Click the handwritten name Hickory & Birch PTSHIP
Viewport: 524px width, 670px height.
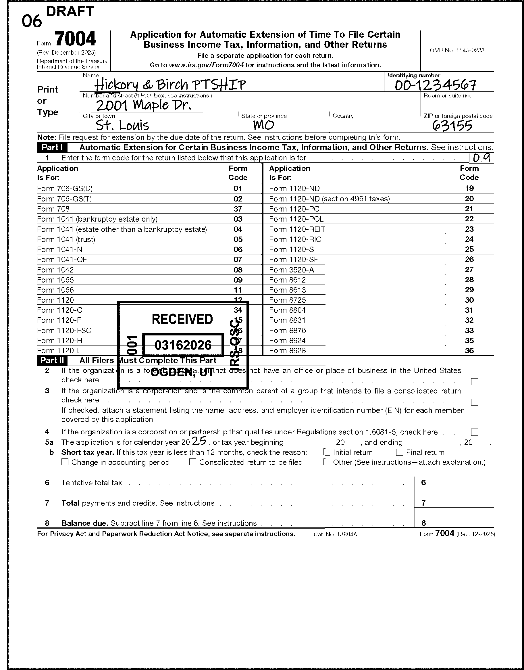pos(170,85)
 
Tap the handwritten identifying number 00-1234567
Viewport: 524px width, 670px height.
pos(435,85)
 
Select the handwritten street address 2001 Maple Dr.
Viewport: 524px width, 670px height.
pos(144,105)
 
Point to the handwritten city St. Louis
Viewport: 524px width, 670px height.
pos(122,125)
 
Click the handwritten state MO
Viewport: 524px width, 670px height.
pos(263,125)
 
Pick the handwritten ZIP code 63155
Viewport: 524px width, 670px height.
pos(452,126)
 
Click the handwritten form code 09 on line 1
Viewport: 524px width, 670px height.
pos(482,158)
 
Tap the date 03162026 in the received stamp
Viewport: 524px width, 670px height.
pos(183,345)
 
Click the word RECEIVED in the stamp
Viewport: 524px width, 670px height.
pos(182,319)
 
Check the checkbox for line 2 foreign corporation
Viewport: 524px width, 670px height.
pos(475,381)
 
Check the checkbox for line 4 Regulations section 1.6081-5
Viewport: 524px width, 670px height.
pos(475,432)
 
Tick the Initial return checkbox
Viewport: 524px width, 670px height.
pos(327,452)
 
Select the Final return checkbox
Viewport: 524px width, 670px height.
pos(399,452)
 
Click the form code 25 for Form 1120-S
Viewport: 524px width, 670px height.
pos(469,249)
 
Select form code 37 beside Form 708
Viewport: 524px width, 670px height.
pos(238,209)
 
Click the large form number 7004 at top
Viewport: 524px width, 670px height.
pos(76,39)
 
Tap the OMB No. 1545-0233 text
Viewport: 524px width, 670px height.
pos(457,50)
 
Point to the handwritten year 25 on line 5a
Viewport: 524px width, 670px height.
pos(199,441)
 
